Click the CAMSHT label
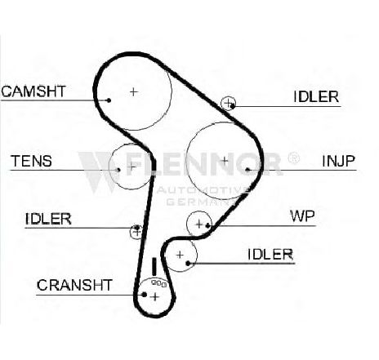tap(33, 91)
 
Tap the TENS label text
tap(31, 161)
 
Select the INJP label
tap(338, 161)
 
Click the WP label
tap(302, 216)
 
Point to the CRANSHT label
tap(74, 285)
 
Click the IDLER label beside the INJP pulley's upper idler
tap(316, 96)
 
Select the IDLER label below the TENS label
tap(48, 219)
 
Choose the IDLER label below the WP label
tap(270, 255)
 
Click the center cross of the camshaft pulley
tap(133, 91)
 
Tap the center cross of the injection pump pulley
tap(224, 161)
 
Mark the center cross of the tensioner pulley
tap(132, 166)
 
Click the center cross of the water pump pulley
tap(199, 224)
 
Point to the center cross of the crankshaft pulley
tap(154, 296)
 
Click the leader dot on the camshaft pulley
tap(109, 100)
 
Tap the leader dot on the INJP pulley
tap(247, 170)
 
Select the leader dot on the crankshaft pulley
tap(145, 295)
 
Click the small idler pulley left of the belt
tap(136, 232)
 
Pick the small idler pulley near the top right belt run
tap(228, 104)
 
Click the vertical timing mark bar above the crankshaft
tap(154, 267)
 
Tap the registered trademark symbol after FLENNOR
tap(293, 158)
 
